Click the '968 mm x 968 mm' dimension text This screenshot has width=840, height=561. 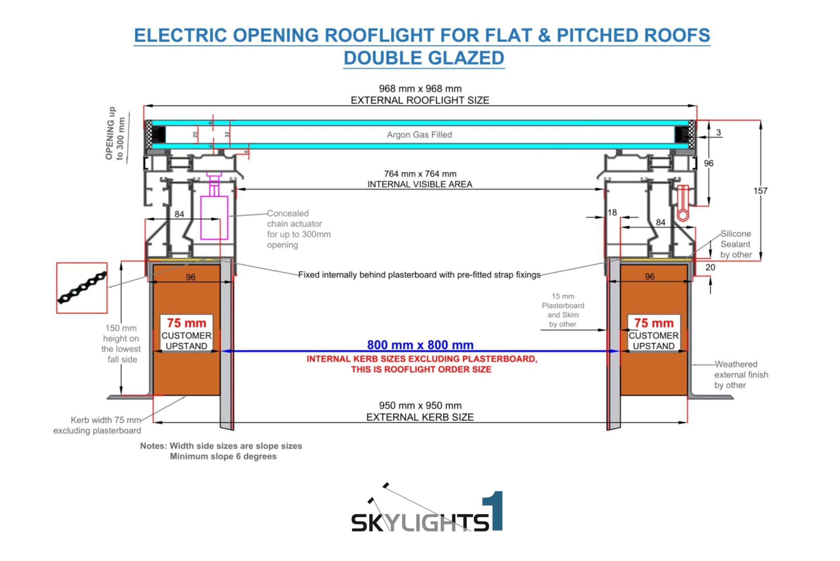420,88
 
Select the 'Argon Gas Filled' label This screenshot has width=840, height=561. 419,135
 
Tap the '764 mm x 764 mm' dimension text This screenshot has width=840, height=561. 420,174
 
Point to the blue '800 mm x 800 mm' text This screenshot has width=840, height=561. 420,345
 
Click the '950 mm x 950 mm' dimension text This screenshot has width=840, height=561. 420,405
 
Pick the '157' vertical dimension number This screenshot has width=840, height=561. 760,191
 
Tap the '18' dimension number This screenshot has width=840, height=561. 612,212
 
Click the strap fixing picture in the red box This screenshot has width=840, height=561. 82,288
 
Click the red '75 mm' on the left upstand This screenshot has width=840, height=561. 186,323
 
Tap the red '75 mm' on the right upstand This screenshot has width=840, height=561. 654,323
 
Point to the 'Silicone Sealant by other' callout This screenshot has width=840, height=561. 736,244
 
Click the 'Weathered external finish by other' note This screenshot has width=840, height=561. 741,375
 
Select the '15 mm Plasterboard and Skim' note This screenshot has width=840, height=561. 563,310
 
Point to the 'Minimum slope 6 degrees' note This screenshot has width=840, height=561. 223,456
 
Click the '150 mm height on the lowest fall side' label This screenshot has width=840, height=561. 121,343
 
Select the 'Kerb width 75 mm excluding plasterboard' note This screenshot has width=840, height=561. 97,425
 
